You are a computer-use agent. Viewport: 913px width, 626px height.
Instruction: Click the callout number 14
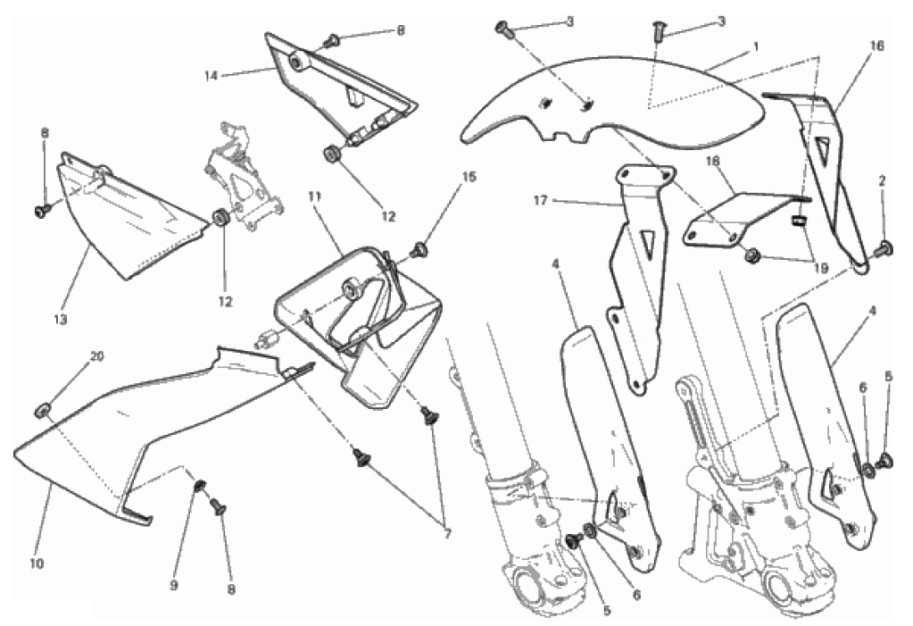(212, 76)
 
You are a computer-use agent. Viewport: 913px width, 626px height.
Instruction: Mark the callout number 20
(97, 356)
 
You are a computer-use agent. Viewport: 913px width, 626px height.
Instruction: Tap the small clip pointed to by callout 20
(41, 409)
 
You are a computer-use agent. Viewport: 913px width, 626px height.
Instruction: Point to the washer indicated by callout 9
(200, 487)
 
